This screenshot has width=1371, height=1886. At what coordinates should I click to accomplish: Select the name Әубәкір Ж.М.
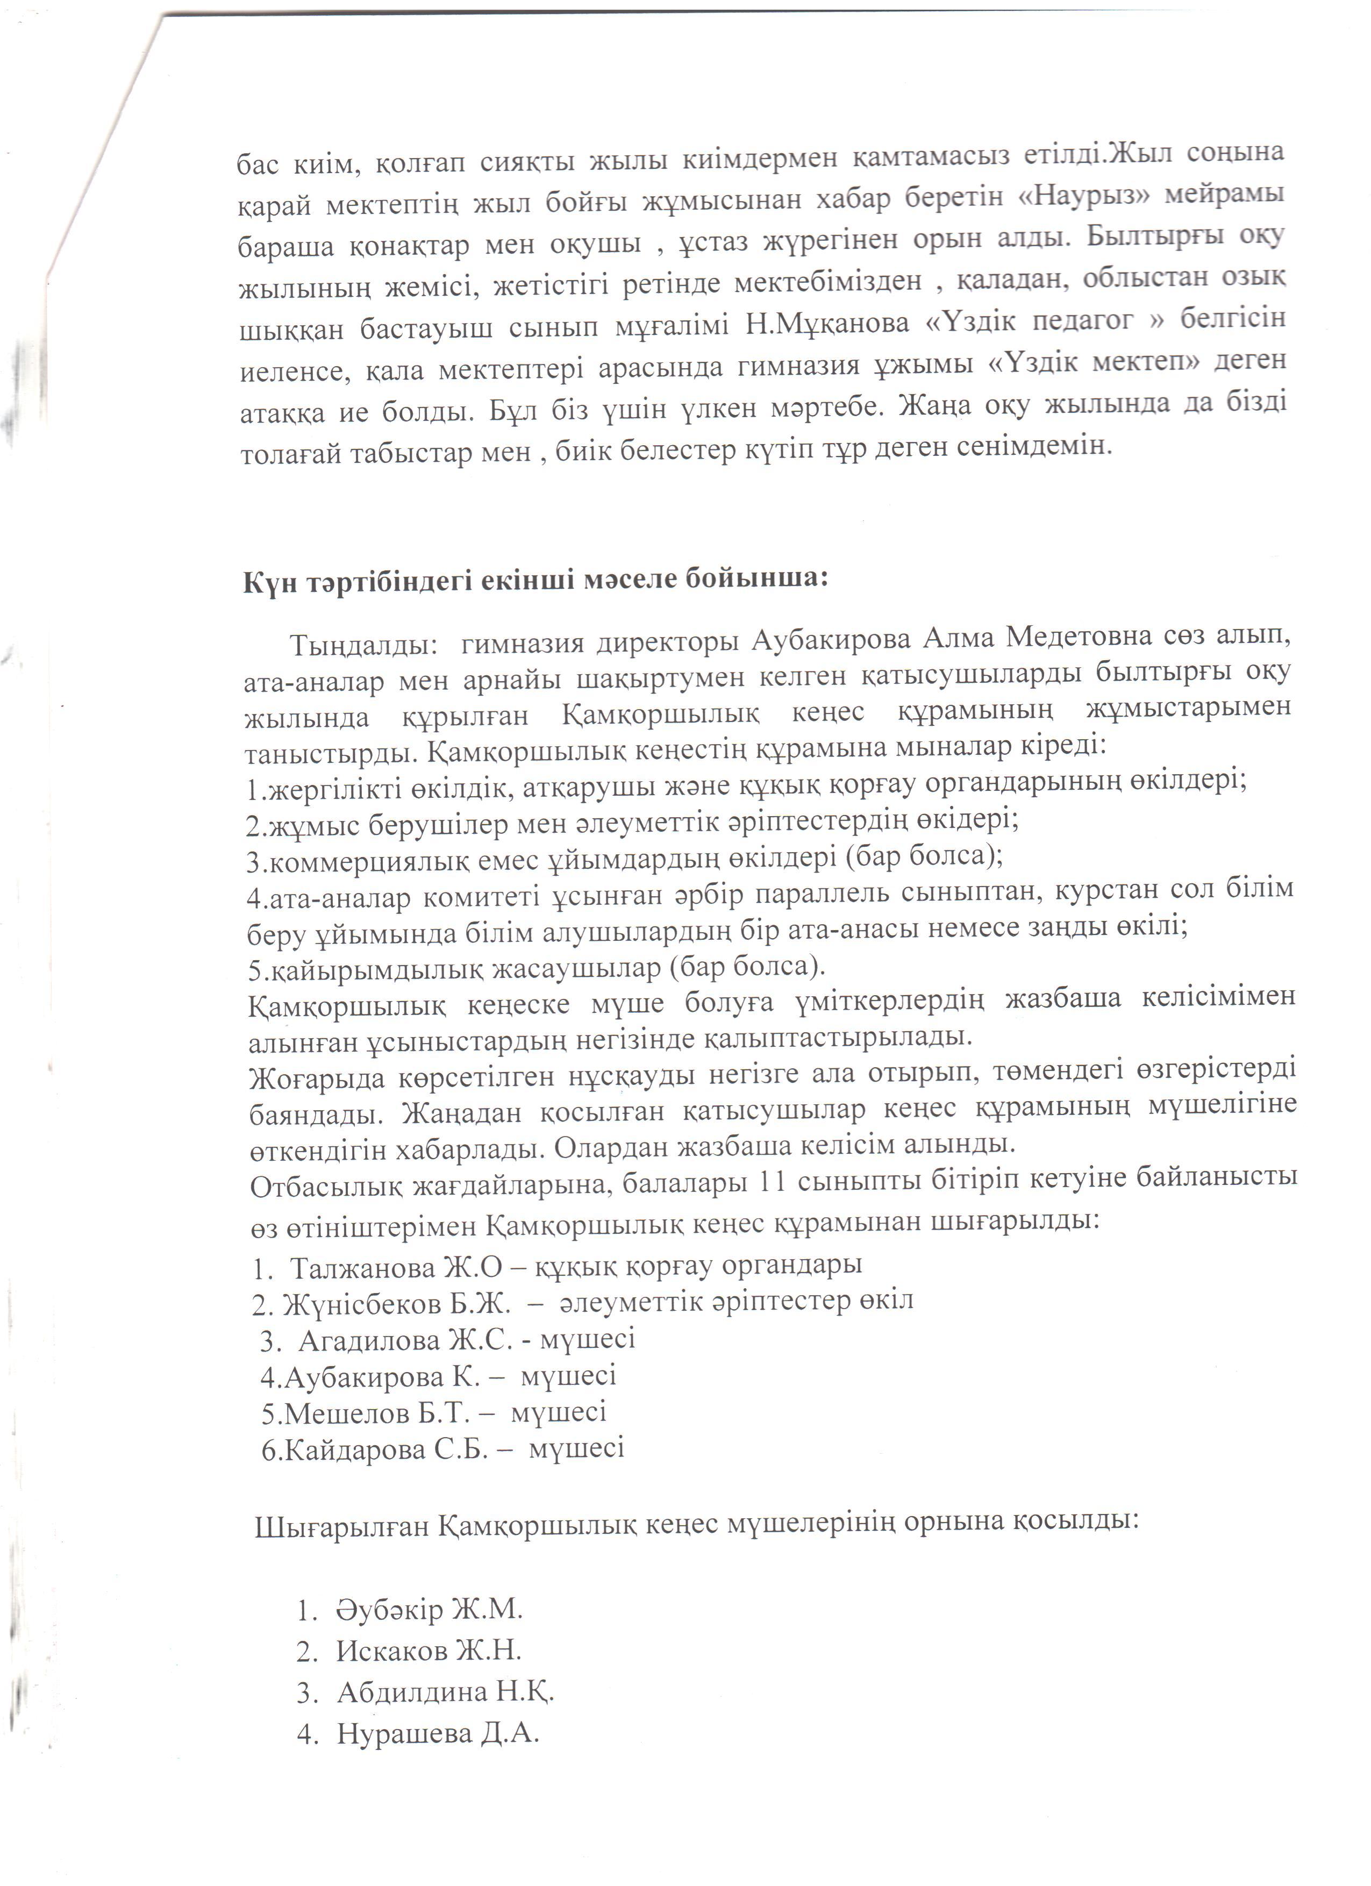[x=429, y=1609]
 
